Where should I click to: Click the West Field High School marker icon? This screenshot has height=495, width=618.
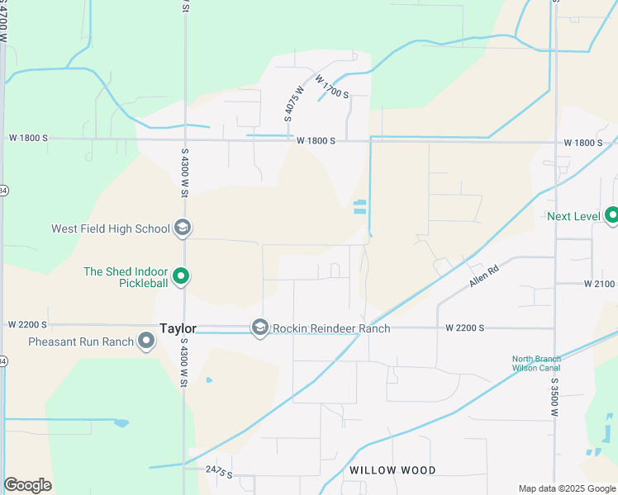click(x=183, y=229)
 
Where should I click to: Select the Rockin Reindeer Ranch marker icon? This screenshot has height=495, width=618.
click(x=260, y=328)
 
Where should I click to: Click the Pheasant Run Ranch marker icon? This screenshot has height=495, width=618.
click(x=146, y=341)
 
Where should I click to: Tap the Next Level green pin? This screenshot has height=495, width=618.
click(x=611, y=216)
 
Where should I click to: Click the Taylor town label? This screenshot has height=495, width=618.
click(x=178, y=328)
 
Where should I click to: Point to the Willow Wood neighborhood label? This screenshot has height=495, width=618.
click(x=392, y=470)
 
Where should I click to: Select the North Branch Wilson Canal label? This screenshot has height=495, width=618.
click(x=535, y=363)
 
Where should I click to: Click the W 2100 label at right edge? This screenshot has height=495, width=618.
click(x=600, y=284)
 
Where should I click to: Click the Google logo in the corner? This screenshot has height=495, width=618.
click(x=27, y=485)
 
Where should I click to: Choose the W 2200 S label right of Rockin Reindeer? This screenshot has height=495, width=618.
click(x=464, y=328)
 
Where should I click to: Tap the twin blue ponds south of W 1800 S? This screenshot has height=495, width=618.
click(x=359, y=208)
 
